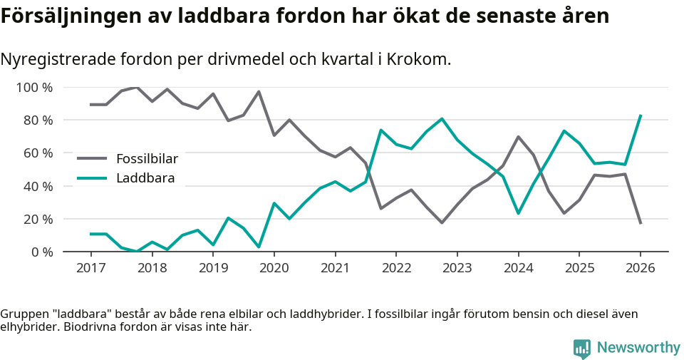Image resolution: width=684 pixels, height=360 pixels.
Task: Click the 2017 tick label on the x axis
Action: [91, 268]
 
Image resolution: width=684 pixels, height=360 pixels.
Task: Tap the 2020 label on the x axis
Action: [274, 268]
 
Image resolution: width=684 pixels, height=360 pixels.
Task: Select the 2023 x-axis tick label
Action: [457, 268]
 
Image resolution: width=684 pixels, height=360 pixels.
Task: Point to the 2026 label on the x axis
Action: [640, 268]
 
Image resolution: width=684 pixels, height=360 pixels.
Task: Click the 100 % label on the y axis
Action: [35, 88]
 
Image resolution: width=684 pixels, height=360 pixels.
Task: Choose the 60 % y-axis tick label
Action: [38, 153]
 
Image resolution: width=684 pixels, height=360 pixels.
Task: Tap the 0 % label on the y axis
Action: [41, 252]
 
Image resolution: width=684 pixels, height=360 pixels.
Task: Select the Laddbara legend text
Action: [145, 178]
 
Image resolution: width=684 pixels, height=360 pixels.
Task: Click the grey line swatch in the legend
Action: [92, 159]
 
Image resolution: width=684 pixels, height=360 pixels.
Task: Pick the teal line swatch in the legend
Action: [92, 178]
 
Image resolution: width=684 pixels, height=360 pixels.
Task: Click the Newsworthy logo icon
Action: [582, 348]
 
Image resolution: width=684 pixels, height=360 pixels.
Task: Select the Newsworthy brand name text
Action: [638, 348]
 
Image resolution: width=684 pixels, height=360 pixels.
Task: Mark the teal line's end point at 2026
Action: [641, 115]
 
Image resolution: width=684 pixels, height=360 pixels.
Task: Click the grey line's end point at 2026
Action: [641, 223]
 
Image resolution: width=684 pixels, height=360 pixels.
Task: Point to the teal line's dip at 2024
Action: [518, 213]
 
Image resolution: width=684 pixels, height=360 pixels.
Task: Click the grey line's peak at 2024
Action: [518, 137]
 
